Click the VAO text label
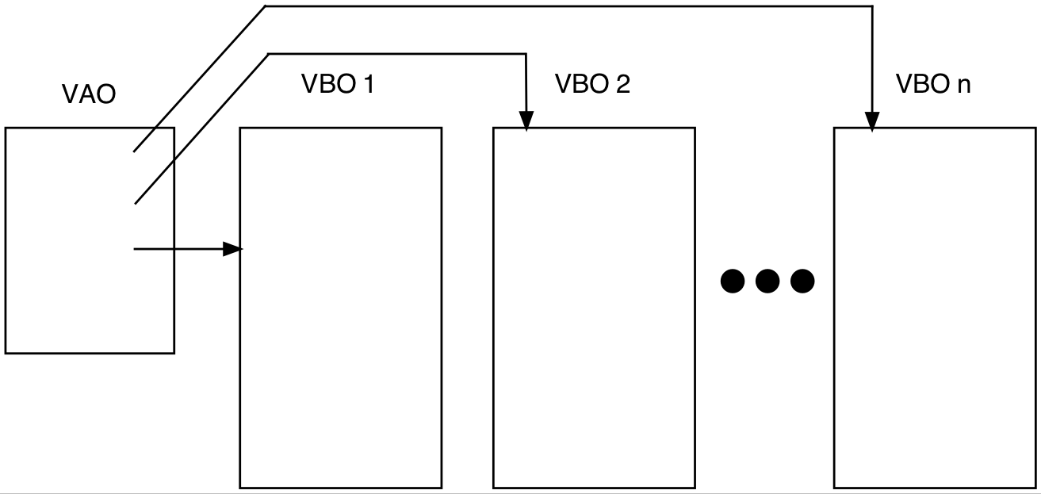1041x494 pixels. click(89, 94)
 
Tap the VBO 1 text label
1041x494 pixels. click(337, 84)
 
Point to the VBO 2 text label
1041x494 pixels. click(592, 84)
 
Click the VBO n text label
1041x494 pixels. click(932, 84)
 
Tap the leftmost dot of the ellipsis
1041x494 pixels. click(733, 281)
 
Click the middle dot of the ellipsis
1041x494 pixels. click(767, 281)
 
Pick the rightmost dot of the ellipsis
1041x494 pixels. click(802, 281)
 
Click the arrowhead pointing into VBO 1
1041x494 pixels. click(232, 249)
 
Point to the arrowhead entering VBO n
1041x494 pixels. click(872, 121)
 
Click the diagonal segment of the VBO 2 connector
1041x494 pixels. click(202, 128)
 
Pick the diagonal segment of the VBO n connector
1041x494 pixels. click(198, 79)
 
